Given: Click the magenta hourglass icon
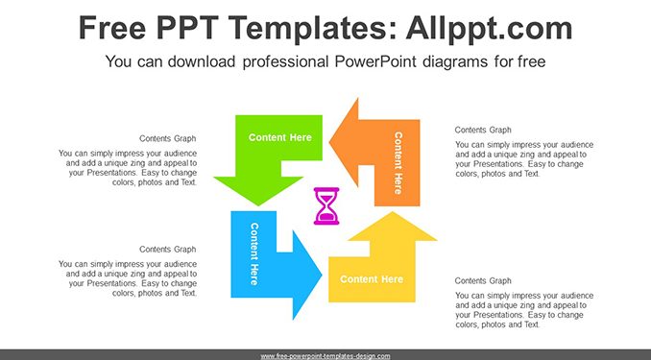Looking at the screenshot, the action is pyautogui.click(x=326, y=206).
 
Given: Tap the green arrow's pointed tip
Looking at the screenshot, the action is pyautogui.click(x=258, y=205).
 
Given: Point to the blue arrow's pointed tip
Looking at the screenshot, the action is pyautogui.click(x=322, y=275).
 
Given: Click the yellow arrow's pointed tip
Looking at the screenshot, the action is pyautogui.click(x=393, y=212).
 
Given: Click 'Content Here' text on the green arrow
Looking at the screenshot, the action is pyautogui.click(x=279, y=137).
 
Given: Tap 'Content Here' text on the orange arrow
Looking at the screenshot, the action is pyautogui.click(x=398, y=163).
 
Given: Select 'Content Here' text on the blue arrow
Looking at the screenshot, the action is pyautogui.click(x=254, y=253).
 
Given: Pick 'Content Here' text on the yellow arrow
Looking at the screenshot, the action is pyautogui.click(x=372, y=279).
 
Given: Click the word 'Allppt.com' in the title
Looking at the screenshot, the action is pyautogui.click(x=489, y=28).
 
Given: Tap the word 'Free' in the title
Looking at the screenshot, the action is pyautogui.click(x=112, y=28).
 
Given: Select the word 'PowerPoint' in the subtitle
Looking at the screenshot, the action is pyautogui.click(x=375, y=61).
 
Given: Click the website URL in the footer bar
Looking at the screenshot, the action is pyautogui.click(x=325, y=356).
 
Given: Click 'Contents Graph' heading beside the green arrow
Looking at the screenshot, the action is pyautogui.click(x=168, y=138).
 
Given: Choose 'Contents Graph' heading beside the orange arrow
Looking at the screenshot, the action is pyautogui.click(x=483, y=130).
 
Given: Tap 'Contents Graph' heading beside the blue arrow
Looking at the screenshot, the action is pyautogui.click(x=168, y=250).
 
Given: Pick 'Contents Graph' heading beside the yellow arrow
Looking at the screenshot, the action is pyautogui.click(x=483, y=280).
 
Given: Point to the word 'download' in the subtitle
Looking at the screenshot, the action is pyautogui.click(x=202, y=61).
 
